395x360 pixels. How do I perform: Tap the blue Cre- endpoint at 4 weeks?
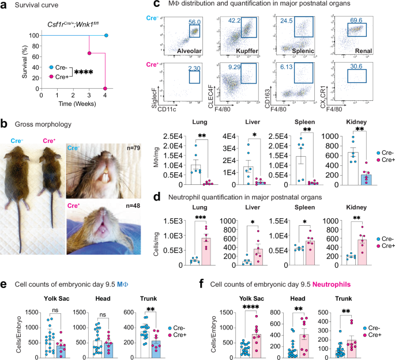(106, 36)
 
